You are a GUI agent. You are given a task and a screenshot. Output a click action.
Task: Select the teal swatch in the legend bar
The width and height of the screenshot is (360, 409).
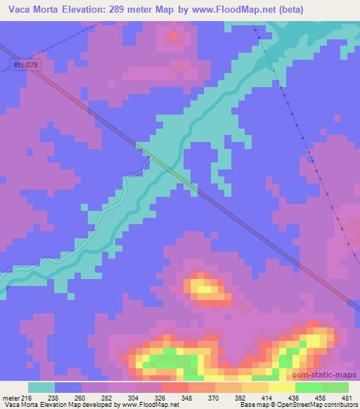pos(41,387)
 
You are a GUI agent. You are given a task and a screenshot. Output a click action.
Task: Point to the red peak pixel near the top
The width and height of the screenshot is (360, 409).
pos(174,34)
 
